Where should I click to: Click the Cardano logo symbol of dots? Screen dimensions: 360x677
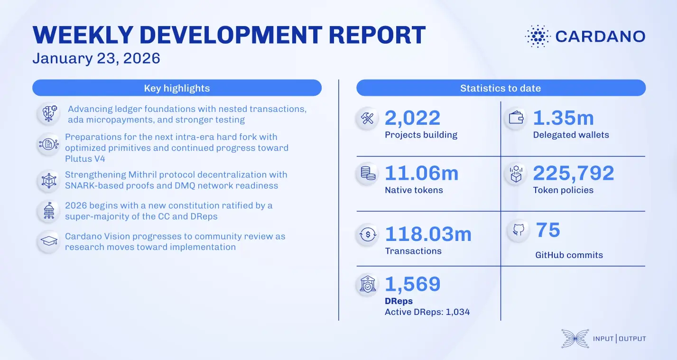point(538,36)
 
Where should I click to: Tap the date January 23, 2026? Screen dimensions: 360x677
point(96,58)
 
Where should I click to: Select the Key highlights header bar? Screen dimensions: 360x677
point(177,88)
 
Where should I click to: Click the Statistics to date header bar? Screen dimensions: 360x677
point(501,88)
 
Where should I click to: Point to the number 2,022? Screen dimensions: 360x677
point(412,119)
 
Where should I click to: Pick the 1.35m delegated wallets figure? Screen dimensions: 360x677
point(563,119)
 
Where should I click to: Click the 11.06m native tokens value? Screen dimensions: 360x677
point(421,174)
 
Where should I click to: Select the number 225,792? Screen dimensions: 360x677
point(573,174)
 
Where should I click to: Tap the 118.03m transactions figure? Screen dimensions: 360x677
point(428,234)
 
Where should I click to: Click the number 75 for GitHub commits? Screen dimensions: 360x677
point(548,231)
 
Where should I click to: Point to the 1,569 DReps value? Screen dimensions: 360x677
point(412,284)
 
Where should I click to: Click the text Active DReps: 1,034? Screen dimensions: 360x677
point(427,312)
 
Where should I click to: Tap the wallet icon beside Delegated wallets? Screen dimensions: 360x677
point(516,118)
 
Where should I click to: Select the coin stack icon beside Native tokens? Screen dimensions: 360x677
point(368,174)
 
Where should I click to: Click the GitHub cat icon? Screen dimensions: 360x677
point(518,231)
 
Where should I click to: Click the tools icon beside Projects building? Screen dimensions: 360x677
point(368,119)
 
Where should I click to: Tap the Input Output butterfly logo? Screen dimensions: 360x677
point(575,338)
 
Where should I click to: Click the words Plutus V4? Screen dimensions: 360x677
point(85,158)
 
